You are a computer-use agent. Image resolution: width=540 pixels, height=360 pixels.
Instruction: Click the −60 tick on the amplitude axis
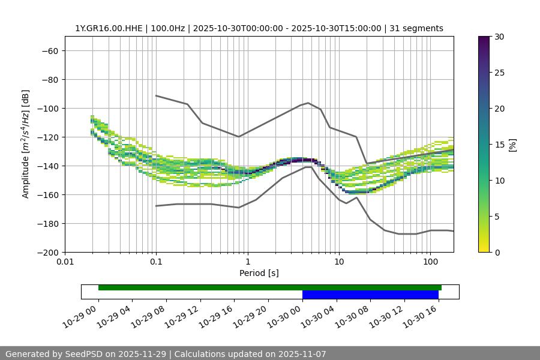[49, 50]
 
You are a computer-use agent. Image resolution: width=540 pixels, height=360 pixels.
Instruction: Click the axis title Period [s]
[259, 273]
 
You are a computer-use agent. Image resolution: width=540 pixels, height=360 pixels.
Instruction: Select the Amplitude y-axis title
[26, 144]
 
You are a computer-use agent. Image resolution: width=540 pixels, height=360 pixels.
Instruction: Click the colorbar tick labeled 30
[499, 37]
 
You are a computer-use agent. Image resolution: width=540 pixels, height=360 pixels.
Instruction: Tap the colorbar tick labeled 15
[499, 145]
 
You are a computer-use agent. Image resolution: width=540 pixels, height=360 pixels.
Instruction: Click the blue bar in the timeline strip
[370, 295]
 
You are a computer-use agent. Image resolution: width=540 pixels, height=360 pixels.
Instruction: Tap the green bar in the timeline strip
[269, 287]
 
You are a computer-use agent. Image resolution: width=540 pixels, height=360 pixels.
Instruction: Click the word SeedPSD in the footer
[85, 354]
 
